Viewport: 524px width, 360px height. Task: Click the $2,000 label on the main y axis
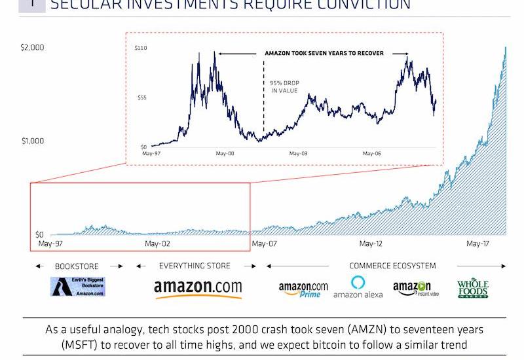pos(32,48)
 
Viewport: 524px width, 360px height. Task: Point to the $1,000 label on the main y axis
pos(32,141)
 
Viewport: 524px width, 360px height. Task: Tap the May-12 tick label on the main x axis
pos(370,244)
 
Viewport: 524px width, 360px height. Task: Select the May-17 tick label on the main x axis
pos(478,244)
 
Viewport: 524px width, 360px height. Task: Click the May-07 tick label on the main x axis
pos(263,244)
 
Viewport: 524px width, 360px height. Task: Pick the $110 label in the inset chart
pos(140,48)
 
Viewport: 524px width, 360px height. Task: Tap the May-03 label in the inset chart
pos(298,154)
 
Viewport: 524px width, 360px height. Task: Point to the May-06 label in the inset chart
pos(372,154)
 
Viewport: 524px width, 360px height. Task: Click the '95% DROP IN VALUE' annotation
pos(284,87)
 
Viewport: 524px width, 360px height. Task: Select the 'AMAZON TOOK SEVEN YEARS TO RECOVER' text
pos(324,53)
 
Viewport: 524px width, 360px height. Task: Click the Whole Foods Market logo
pos(473,289)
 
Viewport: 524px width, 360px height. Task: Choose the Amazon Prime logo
pos(303,289)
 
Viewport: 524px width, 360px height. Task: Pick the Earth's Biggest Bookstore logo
pos(79,287)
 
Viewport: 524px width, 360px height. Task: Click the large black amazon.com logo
pos(198,288)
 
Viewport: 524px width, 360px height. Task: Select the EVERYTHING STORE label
pos(195,266)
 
